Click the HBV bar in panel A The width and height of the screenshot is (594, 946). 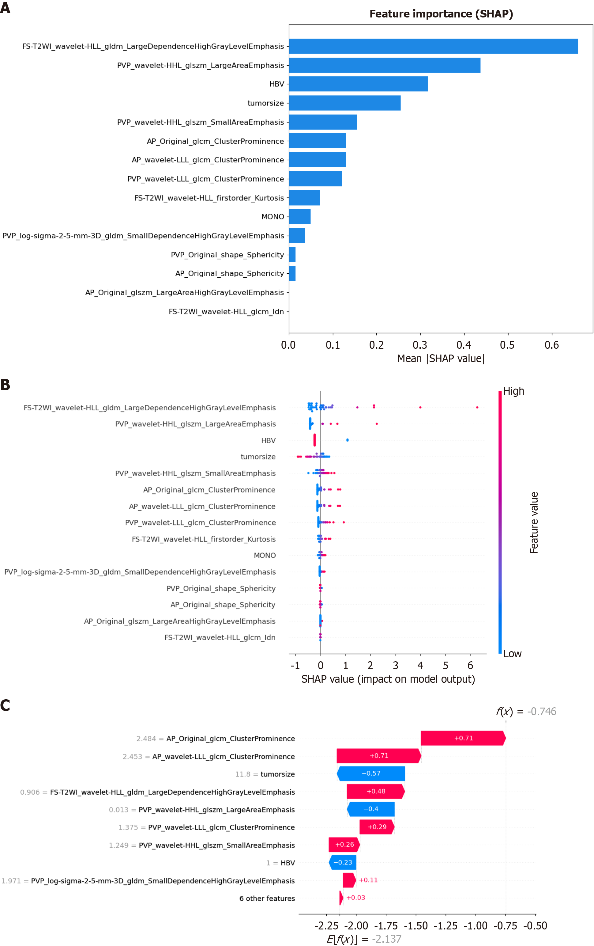click(x=358, y=84)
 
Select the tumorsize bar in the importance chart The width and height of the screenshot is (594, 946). click(x=345, y=103)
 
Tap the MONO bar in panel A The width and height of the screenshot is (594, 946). click(x=299, y=216)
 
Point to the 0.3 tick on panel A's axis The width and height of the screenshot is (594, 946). click(x=420, y=345)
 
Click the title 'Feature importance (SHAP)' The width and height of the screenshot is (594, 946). click(x=441, y=14)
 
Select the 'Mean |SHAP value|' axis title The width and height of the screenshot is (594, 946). click(x=441, y=359)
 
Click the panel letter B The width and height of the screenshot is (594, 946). click(x=5, y=385)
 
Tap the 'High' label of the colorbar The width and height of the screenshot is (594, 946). click(x=513, y=391)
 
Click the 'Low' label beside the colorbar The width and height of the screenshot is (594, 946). click(x=512, y=654)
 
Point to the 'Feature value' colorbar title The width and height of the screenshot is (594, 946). click(x=534, y=522)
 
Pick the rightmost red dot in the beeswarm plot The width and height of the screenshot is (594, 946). click(x=477, y=407)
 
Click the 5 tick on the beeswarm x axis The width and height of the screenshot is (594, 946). click(x=445, y=666)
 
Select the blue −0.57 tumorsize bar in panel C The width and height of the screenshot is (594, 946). click(x=371, y=773)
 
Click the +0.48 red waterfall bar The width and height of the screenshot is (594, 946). click(x=376, y=791)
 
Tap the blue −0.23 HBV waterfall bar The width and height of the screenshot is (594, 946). click(x=343, y=862)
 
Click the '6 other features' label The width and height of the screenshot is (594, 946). click(x=267, y=899)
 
